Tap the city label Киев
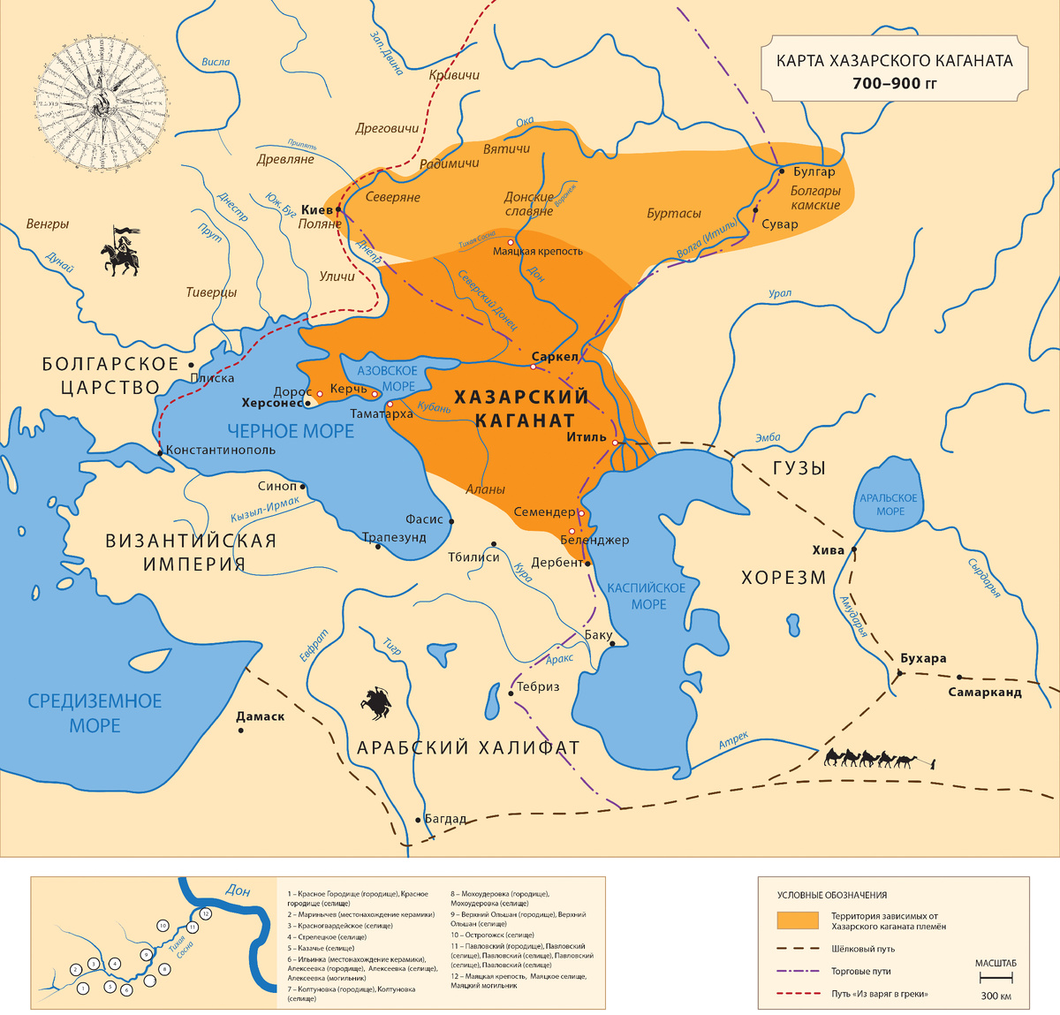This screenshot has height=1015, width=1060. pos(317,209)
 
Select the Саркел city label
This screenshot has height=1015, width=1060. pos(555,357)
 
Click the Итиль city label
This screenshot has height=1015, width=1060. pos(587,436)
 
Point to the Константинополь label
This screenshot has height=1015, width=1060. pos(221,450)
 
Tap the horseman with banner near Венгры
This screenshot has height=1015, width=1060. pos(121,251)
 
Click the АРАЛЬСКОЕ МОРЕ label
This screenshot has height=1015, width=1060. pos(890,504)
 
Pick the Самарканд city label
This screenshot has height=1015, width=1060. pos(985,692)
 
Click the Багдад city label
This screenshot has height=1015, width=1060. pos(445,819)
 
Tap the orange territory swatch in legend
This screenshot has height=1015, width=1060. pos(797,920)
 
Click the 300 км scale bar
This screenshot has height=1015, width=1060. pos(996,978)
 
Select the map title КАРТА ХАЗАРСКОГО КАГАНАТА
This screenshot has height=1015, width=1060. pos(894,61)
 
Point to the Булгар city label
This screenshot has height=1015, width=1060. pos(814,171)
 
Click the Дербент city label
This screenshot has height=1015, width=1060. pos(557,562)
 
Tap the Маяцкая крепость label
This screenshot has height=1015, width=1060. pos(537,251)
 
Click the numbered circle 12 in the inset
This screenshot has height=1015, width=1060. pos(205,913)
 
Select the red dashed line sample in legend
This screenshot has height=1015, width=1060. pos(797,994)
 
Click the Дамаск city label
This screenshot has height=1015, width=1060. pos(261,716)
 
